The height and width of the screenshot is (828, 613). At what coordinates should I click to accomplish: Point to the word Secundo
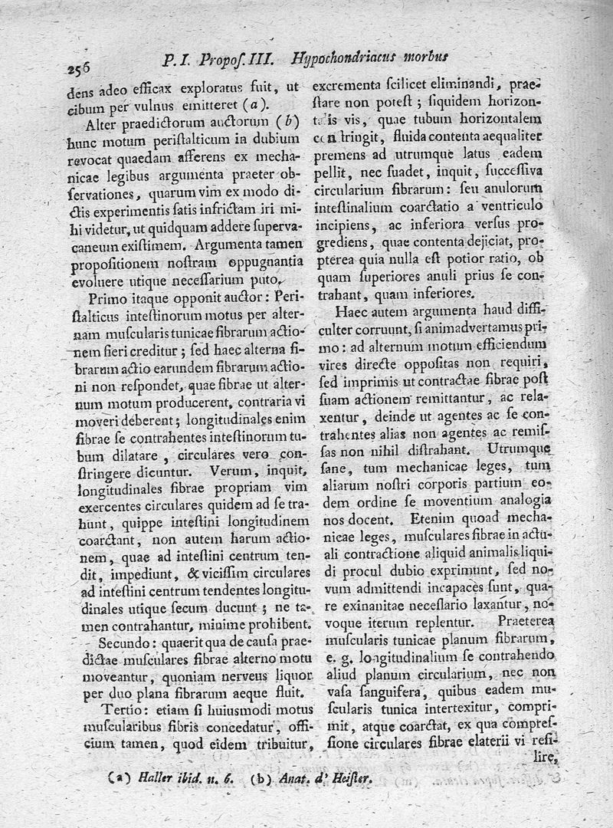click(x=116, y=642)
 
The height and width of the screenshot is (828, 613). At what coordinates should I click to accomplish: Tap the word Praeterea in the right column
click(x=525, y=619)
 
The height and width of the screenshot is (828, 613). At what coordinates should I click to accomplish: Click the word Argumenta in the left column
click(x=233, y=246)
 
